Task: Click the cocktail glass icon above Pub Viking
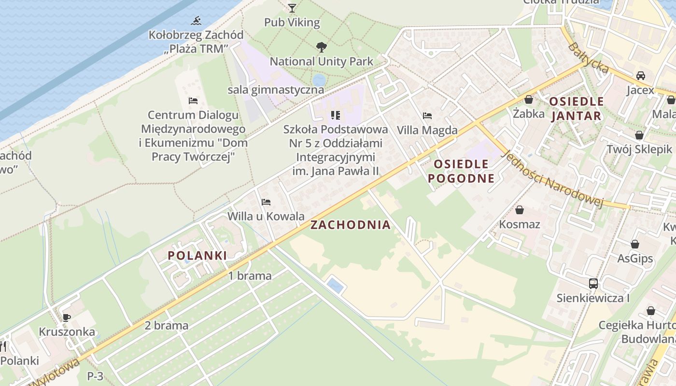pos(292,8)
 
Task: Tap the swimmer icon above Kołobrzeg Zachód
pos(196,21)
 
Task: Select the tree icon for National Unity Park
pos(321,47)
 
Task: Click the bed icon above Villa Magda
pos(427,116)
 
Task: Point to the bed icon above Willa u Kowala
pos(266,202)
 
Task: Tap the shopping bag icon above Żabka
pos(529,99)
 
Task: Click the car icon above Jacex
pos(641,76)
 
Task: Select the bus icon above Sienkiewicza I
pos(593,284)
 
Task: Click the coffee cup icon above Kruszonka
pos(66,317)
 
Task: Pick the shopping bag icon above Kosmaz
pos(520,210)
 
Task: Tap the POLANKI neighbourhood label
pos(197,256)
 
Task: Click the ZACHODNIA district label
pos(350,225)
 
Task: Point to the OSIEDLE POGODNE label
pos(461,171)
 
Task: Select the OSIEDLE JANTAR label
pos(576,109)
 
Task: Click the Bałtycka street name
pos(588,58)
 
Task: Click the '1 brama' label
pos(250,276)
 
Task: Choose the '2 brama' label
pos(167,325)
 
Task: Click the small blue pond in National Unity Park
pos(319,80)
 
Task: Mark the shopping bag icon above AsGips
pos(635,244)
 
